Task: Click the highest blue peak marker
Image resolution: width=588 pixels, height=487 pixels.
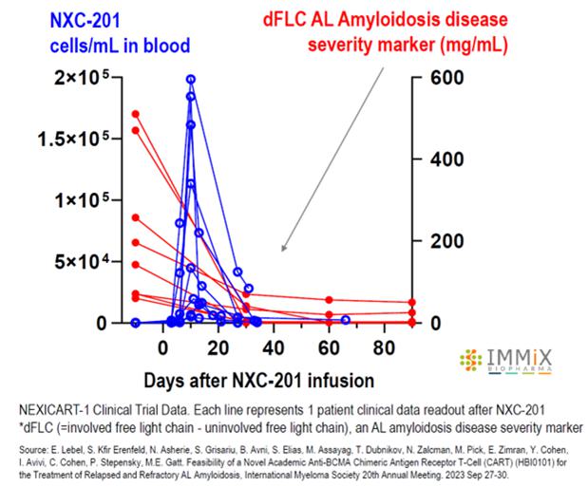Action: tap(191, 80)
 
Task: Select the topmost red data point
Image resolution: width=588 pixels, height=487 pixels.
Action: tap(136, 114)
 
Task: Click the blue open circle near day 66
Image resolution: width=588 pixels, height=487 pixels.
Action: tap(346, 320)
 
